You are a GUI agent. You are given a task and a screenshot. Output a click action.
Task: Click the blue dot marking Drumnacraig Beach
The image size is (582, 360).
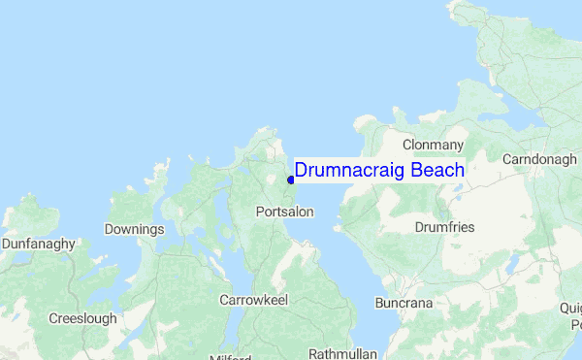[x=291, y=180]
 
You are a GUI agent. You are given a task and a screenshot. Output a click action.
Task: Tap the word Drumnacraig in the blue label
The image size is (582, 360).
[x=349, y=171]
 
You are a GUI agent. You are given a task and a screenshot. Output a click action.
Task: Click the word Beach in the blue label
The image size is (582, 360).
[x=437, y=171]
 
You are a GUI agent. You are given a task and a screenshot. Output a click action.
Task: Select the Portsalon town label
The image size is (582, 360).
[x=285, y=211]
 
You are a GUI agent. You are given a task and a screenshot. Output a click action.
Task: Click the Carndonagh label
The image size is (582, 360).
[x=539, y=158]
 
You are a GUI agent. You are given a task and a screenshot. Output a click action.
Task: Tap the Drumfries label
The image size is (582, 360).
[x=444, y=227]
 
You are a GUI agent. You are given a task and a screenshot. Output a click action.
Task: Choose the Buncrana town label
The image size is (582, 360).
[x=404, y=304]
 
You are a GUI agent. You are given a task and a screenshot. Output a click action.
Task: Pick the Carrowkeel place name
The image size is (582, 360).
[x=253, y=300]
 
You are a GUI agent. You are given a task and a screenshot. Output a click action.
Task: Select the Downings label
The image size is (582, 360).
[x=134, y=230]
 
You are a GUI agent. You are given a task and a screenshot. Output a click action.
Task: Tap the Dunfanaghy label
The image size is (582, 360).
[x=39, y=244]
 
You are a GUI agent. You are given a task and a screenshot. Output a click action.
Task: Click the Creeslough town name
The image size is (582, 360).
[x=83, y=318]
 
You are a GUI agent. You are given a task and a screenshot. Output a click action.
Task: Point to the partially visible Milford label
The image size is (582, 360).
[x=229, y=356]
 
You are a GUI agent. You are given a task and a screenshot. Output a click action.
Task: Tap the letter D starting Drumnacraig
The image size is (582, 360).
[x=301, y=171]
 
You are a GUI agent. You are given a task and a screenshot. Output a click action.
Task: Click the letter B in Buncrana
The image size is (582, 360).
[x=380, y=304]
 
